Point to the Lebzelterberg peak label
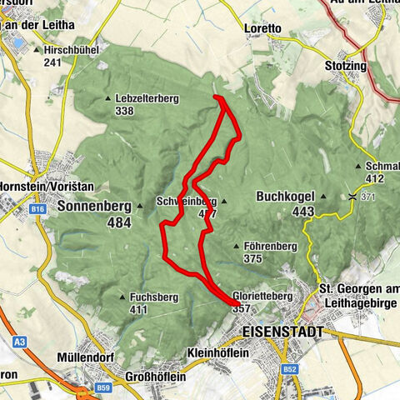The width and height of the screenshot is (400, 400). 148,98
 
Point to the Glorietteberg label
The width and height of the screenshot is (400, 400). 262,296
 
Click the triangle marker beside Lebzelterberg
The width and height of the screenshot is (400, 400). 110,99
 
